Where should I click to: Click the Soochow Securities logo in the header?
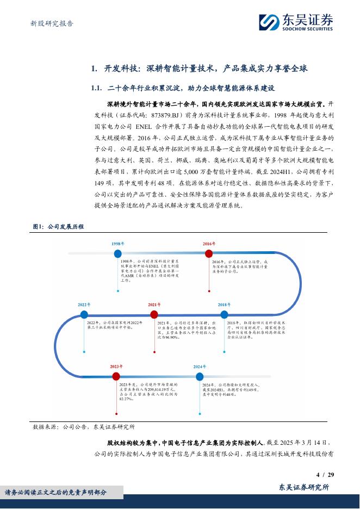coord(296,22)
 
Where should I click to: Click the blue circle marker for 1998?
coord(117,254)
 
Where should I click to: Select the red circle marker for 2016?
coord(209,253)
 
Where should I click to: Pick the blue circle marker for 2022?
coord(84,314)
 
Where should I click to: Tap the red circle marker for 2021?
coord(154,314)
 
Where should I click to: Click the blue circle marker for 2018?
coord(224,314)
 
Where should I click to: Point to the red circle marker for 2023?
coord(116,376)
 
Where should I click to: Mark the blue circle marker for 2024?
coord(200,376)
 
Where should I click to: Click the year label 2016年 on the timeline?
coord(209,244)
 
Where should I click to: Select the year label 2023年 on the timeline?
coord(116,367)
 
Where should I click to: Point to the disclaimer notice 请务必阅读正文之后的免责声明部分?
coord(56,492)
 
